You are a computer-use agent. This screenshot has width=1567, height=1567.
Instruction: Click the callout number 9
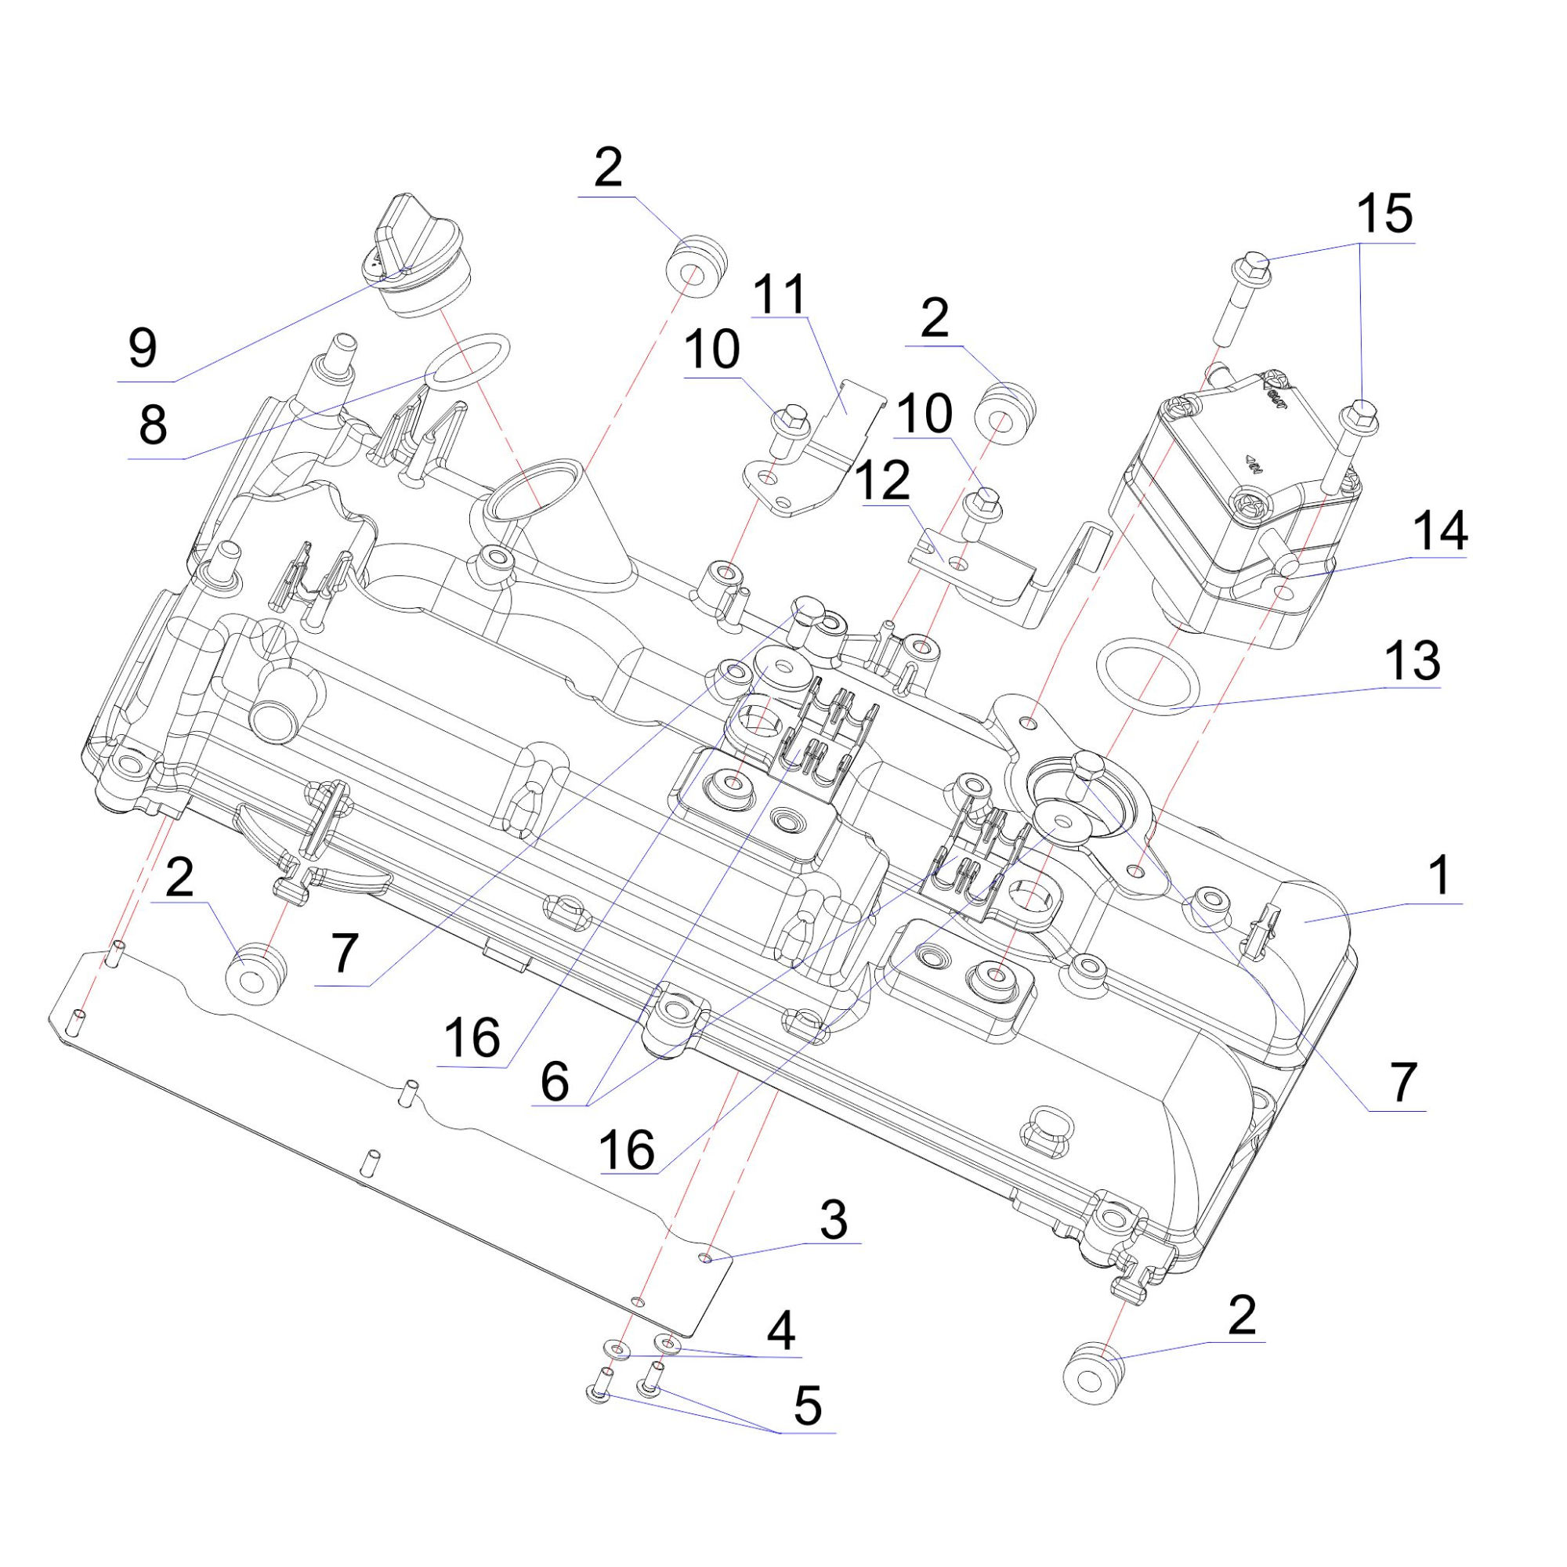[x=143, y=349]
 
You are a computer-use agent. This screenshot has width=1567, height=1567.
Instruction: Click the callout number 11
[x=780, y=294]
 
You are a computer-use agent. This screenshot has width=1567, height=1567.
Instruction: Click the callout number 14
[x=1439, y=531]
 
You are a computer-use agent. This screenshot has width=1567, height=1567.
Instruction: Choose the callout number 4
[x=780, y=1331]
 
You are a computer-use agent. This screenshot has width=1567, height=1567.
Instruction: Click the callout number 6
[x=555, y=1081]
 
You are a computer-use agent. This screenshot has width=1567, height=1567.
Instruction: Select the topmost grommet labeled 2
[x=696, y=266]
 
